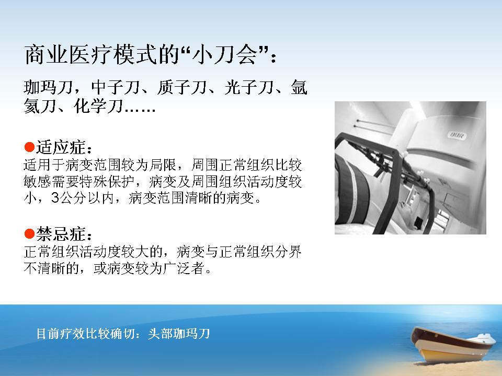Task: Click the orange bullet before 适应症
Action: (x=29, y=147)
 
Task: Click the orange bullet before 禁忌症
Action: (x=29, y=234)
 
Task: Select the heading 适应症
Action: (x=61, y=147)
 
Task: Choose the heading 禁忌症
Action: (x=61, y=234)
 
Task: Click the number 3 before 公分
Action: (x=55, y=198)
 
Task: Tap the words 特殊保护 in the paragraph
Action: (x=106, y=182)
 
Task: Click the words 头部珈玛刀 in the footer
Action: (x=179, y=334)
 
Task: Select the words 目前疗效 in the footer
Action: (x=61, y=334)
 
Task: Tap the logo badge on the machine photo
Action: (x=457, y=135)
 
